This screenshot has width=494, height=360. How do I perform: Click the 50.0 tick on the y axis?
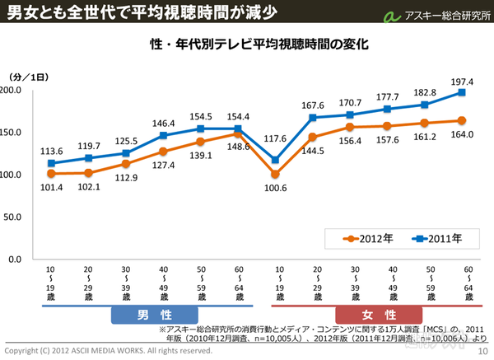(x=15, y=217)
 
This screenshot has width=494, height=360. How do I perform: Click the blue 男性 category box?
(x=155, y=315)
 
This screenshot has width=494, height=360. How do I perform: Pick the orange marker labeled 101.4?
(x=51, y=174)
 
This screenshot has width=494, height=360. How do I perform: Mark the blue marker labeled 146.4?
(x=164, y=135)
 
